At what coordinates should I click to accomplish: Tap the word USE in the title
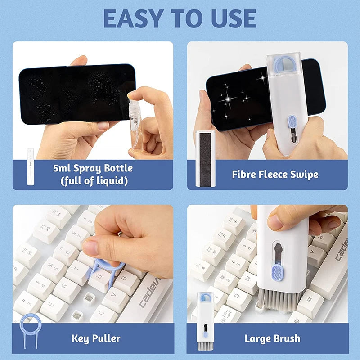click(231, 18)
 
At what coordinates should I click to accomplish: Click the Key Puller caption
click(95, 338)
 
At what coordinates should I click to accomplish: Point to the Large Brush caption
click(272, 338)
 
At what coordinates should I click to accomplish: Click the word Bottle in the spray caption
click(115, 168)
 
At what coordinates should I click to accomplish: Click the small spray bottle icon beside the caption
click(31, 166)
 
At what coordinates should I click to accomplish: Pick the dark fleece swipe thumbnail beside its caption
click(206, 159)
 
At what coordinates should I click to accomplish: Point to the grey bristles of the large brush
click(277, 299)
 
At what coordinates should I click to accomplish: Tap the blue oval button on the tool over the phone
click(292, 122)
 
